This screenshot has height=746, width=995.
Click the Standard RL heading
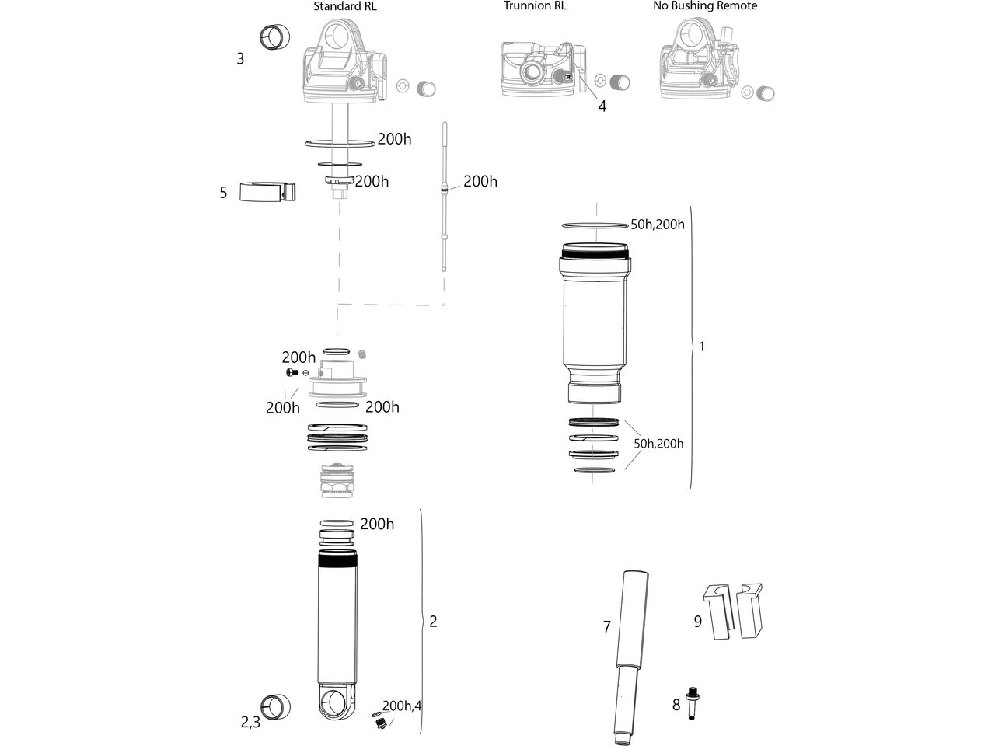pyautogui.click(x=344, y=6)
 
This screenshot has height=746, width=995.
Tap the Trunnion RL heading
pyautogui.click(x=535, y=6)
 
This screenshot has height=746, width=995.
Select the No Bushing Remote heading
pyautogui.click(x=705, y=6)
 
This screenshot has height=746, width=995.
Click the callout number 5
pyautogui.click(x=223, y=193)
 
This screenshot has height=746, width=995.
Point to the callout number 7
pyautogui.click(x=607, y=626)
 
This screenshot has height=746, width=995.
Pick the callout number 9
pyautogui.click(x=697, y=622)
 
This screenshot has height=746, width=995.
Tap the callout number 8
pyautogui.click(x=676, y=705)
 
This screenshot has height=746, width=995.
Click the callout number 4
pyautogui.click(x=602, y=106)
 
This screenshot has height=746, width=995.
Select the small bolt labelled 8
pyautogui.click(x=692, y=703)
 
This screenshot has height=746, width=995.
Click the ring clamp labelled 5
pyautogui.click(x=267, y=192)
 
